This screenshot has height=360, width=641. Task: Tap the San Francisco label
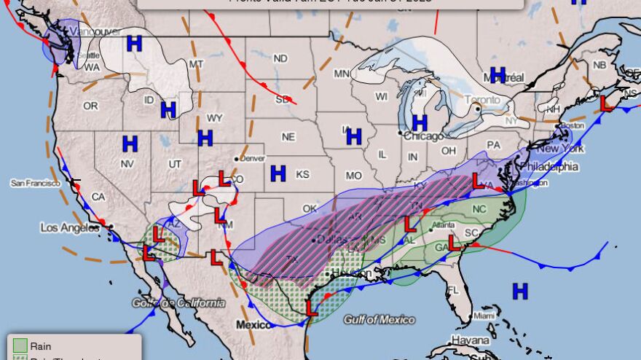coord(34,183)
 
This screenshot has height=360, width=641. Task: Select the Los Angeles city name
coord(68,227)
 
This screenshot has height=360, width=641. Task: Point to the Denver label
coord(253,158)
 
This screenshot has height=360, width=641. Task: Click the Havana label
coord(470,340)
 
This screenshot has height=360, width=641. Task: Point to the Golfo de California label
coord(179,302)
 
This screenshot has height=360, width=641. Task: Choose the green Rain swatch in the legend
coord(20,346)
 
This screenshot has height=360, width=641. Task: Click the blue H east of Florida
coord(519,291)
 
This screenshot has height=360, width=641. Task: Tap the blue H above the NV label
coord(130,144)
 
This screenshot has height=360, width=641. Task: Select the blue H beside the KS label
coord(278,173)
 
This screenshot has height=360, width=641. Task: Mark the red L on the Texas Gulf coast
coord(312,309)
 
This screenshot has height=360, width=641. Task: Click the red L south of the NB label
coord(605,103)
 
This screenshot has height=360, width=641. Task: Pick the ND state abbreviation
coord(280,58)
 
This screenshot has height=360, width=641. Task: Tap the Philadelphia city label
coord(548,167)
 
